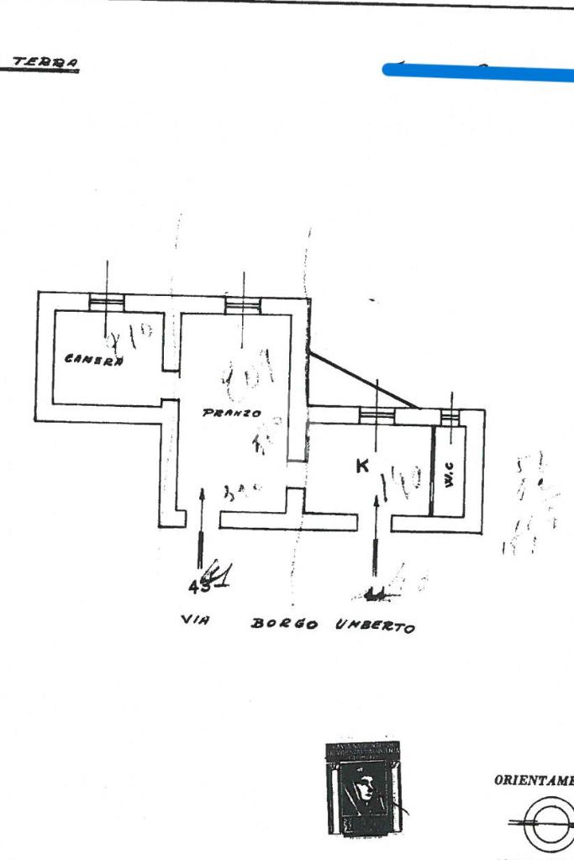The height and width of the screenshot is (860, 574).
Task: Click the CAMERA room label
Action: [94, 360]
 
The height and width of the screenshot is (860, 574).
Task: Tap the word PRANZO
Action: [231, 414]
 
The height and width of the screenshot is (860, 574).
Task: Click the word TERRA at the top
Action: [46, 63]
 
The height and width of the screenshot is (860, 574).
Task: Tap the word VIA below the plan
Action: [195, 620]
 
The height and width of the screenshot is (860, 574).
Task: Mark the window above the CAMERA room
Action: [107, 302]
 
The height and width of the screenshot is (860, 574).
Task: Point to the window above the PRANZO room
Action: [243, 303]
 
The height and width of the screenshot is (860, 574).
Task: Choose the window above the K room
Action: [377, 414]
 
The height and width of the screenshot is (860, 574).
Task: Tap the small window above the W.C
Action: [451, 414]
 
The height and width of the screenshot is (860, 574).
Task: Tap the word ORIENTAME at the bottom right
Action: [534, 780]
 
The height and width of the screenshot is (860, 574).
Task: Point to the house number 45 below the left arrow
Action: [199, 587]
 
